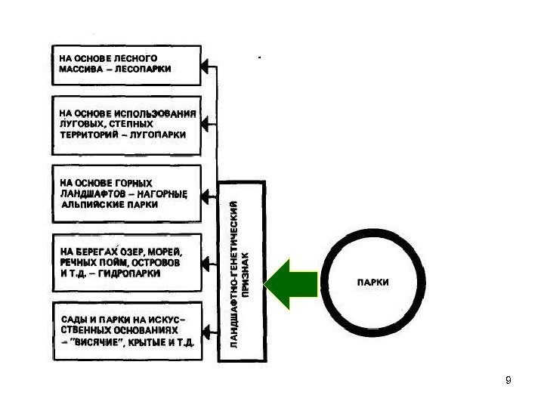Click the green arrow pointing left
(290, 283)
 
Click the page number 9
(508, 379)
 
